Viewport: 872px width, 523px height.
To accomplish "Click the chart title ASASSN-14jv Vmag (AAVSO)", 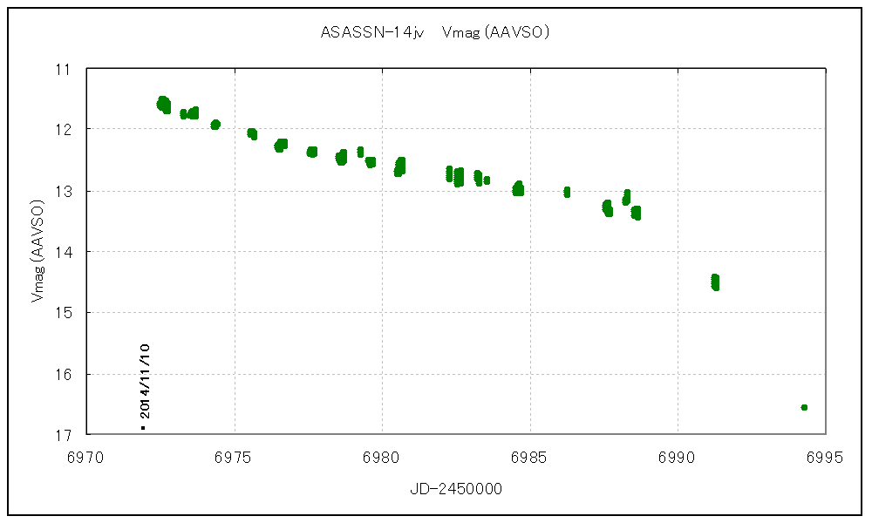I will pyautogui.click(x=434, y=33).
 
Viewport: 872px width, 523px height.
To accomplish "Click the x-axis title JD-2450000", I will pyautogui.click(x=456, y=489).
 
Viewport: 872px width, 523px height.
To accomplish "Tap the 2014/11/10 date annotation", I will pyautogui.click(x=145, y=381).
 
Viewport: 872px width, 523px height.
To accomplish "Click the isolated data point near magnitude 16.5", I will pyautogui.click(x=804, y=407).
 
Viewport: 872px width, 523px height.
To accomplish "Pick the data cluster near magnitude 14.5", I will pyautogui.click(x=715, y=282).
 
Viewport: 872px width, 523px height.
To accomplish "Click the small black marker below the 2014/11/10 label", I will pyautogui.click(x=143, y=428).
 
